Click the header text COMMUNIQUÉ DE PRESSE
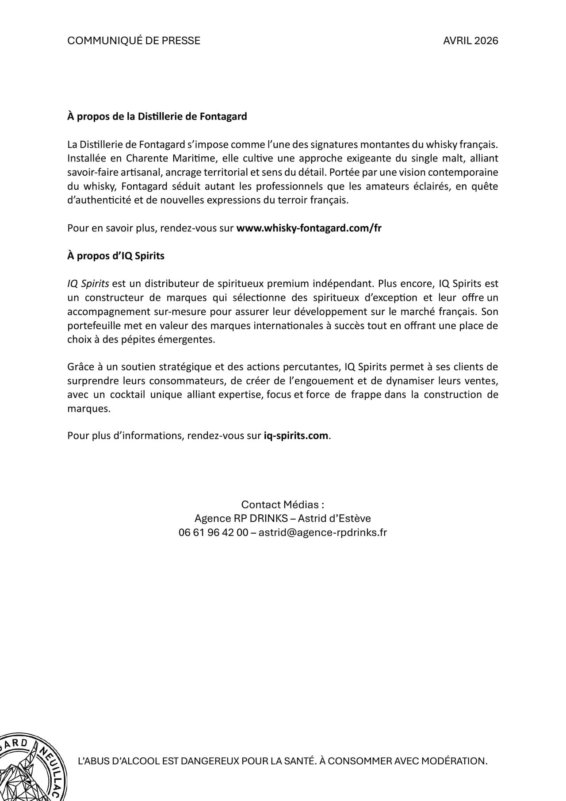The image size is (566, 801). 134,41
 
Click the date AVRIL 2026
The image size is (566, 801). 470,41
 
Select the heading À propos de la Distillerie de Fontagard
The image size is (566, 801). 157,116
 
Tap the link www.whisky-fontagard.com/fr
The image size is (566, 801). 309,228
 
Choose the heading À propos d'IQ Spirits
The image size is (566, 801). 116,256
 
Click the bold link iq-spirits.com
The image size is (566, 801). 296,435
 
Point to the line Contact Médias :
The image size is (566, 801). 283,504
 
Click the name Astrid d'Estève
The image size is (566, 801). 335,518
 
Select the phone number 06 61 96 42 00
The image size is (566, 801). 214,532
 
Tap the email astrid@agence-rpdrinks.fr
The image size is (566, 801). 323,532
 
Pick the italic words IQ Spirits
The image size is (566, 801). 88,284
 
